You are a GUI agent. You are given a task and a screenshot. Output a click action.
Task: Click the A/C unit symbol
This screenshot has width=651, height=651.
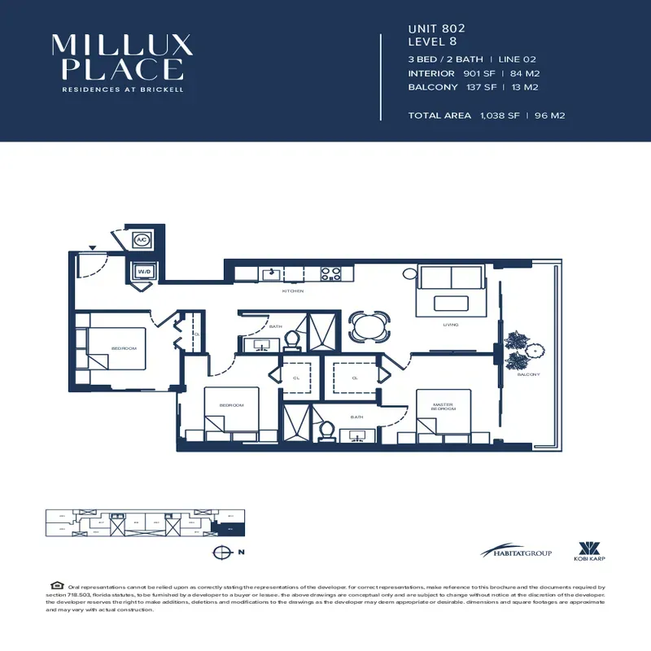(x=141, y=240)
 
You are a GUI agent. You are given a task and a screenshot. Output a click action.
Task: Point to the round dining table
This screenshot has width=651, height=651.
(x=369, y=327)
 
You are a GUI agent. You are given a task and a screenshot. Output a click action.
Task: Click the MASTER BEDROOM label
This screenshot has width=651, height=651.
(x=444, y=406)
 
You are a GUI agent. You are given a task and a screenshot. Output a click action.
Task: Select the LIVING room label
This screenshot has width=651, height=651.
(x=451, y=325)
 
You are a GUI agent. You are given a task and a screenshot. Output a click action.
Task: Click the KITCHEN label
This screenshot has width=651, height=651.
(x=293, y=291)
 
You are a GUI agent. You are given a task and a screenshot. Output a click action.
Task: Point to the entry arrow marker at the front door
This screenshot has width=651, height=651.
(x=93, y=247)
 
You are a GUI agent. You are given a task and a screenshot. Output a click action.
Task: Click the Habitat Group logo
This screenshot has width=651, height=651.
(x=516, y=553)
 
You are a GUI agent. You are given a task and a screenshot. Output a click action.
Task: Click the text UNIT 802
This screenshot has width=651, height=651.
(x=436, y=28)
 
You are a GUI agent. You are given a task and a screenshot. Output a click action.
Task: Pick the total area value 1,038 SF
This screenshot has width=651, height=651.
(x=499, y=116)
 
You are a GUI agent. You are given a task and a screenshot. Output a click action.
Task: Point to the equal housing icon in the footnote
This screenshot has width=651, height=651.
(x=56, y=586)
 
